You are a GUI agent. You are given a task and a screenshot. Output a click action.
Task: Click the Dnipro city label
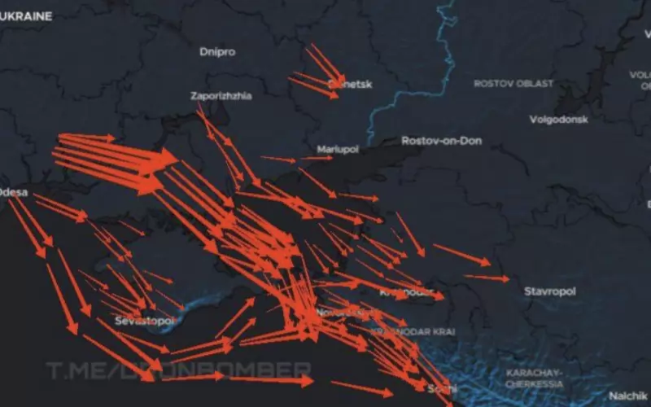(217, 51)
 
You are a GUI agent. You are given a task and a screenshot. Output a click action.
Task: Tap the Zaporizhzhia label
(221, 95)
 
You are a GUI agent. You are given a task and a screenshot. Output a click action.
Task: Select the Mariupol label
(336, 150)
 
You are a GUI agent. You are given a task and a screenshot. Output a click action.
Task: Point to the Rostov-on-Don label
(441, 141)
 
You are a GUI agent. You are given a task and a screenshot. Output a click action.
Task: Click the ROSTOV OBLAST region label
(513, 84)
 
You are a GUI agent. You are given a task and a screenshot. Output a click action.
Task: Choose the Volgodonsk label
(558, 119)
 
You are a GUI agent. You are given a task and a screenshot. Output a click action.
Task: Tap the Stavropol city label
(549, 291)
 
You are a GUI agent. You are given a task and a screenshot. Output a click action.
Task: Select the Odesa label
(14, 193)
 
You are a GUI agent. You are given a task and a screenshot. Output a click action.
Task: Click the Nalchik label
(628, 395)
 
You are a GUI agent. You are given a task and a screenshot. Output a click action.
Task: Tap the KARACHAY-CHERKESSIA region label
(535, 378)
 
